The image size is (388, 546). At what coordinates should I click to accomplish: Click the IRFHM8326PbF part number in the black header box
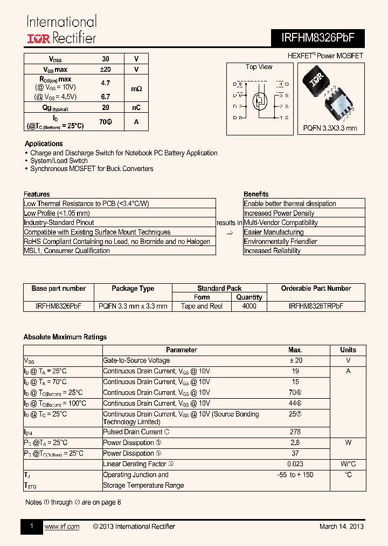[x=315, y=37]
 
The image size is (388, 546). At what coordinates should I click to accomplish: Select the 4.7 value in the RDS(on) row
[x=105, y=83]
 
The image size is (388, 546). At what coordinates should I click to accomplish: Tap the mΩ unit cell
[x=136, y=88]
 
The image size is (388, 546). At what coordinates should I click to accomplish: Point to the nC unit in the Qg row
[x=136, y=107]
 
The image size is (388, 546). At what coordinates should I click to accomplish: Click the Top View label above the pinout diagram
[x=259, y=67]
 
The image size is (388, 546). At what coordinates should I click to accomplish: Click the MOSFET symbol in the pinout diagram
[x=260, y=100]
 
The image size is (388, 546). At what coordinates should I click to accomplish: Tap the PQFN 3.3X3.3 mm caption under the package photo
[x=330, y=128]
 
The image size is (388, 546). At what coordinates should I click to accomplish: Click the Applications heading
[x=44, y=144]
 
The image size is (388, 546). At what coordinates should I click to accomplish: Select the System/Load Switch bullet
[x=59, y=161]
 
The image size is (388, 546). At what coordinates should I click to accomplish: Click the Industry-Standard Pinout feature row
[x=59, y=222]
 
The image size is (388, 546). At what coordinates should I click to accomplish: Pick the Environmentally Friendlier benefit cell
[x=280, y=241]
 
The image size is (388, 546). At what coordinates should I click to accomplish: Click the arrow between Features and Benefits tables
[x=230, y=233]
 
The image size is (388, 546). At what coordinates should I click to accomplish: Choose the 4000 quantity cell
[x=249, y=306]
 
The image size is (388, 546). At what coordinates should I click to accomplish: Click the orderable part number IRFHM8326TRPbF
[x=316, y=306]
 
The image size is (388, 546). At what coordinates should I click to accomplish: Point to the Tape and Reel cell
[x=202, y=306]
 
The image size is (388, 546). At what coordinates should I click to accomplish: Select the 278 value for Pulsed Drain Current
[x=295, y=432]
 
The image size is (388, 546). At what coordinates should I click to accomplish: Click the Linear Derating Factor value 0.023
[x=295, y=464]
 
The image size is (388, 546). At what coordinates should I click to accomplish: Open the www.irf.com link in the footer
[x=61, y=527]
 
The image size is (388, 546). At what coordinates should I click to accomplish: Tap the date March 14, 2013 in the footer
[x=341, y=527]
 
